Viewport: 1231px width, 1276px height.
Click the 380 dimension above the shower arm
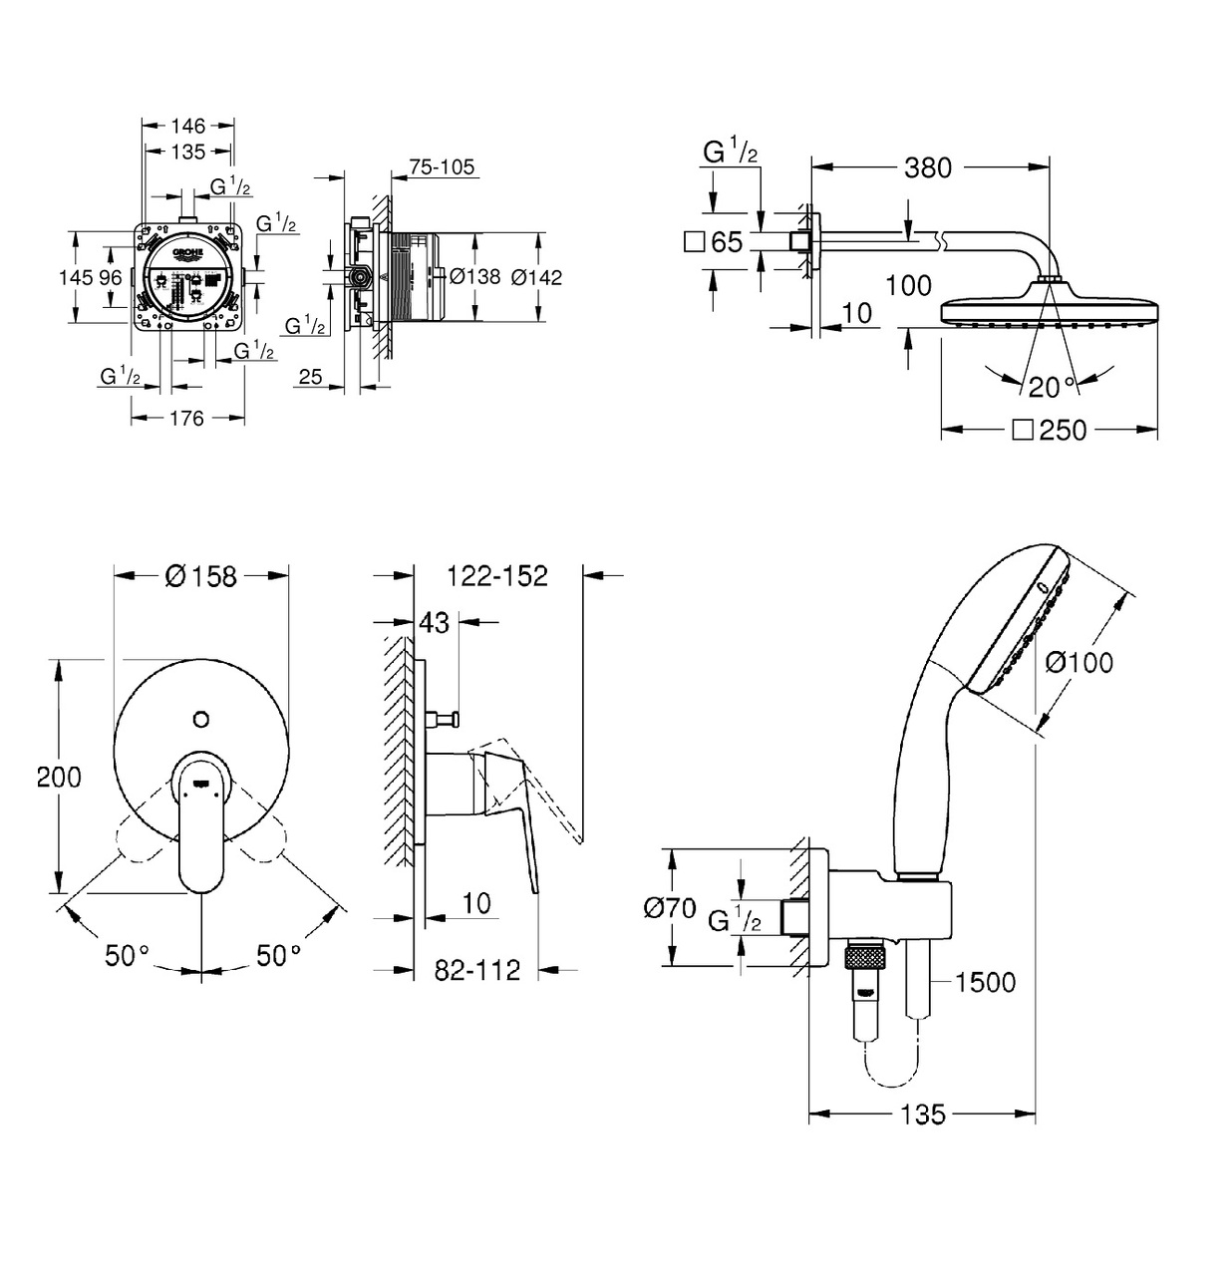coord(927,167)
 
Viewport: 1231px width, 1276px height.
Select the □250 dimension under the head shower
coord(1049,430)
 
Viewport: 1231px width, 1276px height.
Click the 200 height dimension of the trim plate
coord(59,777)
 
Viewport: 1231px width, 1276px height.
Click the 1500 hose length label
coord(984,982)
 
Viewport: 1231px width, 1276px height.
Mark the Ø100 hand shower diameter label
coord(1078,662)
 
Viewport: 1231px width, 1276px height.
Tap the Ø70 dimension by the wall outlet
coord(670,908)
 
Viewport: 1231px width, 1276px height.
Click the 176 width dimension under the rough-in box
coord(186,418)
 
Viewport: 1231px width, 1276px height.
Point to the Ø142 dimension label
coord(536,277)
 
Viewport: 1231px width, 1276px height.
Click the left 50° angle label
coord(126,955)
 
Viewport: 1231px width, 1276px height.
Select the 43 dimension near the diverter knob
coord(435,622)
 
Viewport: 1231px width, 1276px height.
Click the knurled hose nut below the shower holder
coord(863,959)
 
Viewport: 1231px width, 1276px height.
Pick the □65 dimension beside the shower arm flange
coord(716,241)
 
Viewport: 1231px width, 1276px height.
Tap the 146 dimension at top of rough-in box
coord(187,126)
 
